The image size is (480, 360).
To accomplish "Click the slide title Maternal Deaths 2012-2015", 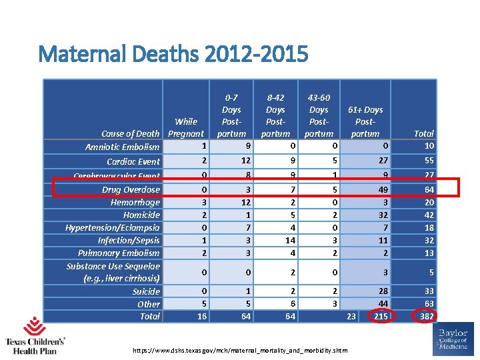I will click(x=173, y=53).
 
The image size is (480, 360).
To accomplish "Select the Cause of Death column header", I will click(x=131, y=134).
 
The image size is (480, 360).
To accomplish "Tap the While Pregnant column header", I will click(x=186, y=127).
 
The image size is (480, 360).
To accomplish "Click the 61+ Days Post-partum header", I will click(x=365, y=121).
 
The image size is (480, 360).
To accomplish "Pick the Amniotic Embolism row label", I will click(x=123, y=147).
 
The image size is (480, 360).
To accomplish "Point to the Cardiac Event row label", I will click(x=133, y=161).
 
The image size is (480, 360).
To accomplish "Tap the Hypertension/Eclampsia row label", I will click(x=113, y=227).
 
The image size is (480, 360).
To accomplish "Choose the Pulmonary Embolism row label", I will click(x=119, y=253).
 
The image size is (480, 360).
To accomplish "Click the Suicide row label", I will click(x=146, y=291).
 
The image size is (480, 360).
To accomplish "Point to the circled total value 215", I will click(x=381, y=316).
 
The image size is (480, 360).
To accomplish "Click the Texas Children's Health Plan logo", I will click(x=31, y=336).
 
